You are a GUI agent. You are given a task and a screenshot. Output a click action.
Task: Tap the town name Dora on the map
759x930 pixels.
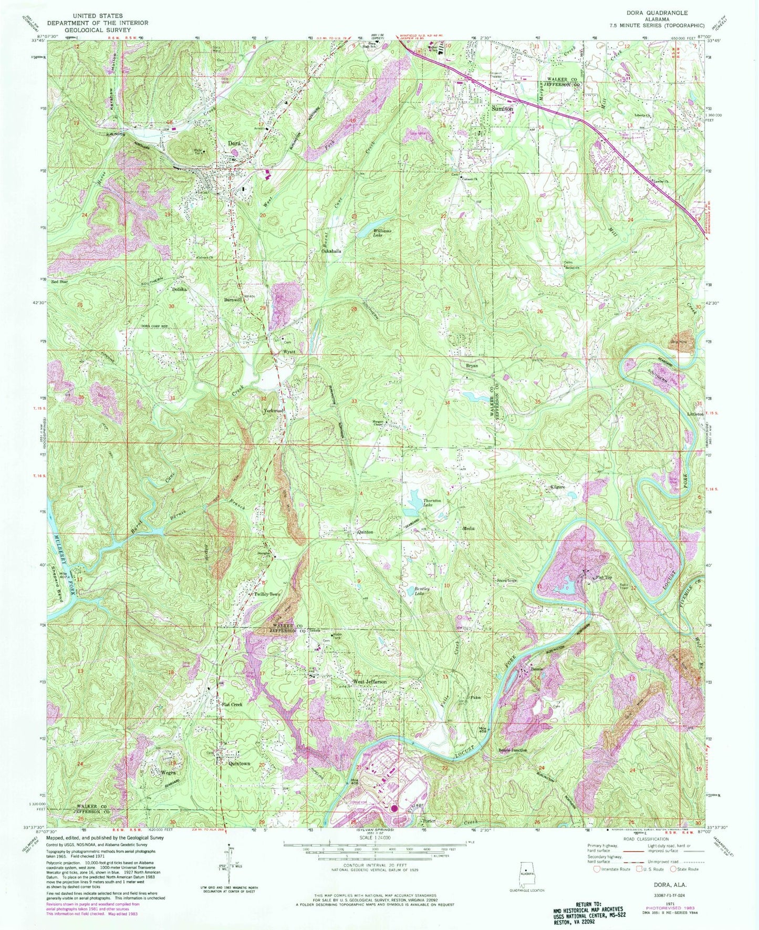tap(234, 143)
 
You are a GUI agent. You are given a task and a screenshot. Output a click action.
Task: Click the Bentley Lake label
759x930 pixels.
tap(422, 591)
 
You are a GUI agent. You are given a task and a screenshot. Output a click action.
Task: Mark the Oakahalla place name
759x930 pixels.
tap(331, 251)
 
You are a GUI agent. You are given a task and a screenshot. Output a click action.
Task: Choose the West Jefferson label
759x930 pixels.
tap(369, 681)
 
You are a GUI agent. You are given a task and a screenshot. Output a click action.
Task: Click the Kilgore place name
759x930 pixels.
tap(557, 488)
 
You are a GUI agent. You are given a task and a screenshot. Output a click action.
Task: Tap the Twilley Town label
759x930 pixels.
tap(268, 594)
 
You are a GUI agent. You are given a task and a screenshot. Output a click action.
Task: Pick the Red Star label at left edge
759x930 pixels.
tap(60, 282)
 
